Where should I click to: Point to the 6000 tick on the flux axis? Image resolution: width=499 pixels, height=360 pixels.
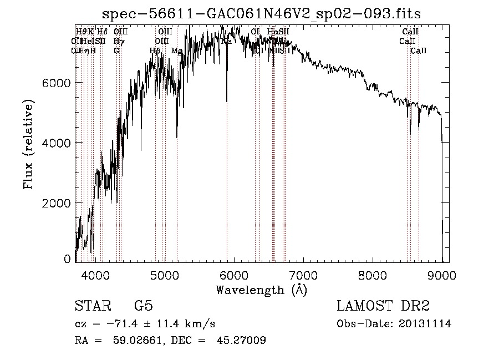pyautogui.click(x=57, y=83)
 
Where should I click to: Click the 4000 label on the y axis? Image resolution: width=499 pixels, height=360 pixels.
pyautogui.click(x=57, y=143)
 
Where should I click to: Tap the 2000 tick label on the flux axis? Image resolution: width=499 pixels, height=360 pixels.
pyautogui.click(x=57, y=203)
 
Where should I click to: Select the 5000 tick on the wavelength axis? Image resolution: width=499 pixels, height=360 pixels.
pyautogui.click(x=165, y=275)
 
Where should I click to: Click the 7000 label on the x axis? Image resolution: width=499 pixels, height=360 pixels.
pyautogui.click(x=303, y=275)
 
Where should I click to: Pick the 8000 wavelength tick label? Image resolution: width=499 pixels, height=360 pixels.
pyautogui.click(x=373, y=275)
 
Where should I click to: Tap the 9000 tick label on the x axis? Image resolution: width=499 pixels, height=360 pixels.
pyautogui.click(x=442, y=275)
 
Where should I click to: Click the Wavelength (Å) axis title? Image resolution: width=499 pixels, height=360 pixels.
pyautogui.click(x=261, y=290)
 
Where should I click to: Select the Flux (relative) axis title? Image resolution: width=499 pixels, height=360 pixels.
pyautogui.click(x=28, y=145)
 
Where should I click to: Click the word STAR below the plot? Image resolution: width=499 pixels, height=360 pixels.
pyautogui.click(x=92, y=307)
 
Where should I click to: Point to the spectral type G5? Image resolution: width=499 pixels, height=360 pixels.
pyautogui.click(x=144, y=307)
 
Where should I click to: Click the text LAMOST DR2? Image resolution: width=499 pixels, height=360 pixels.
pyautogui.click(x=383, y=307)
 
